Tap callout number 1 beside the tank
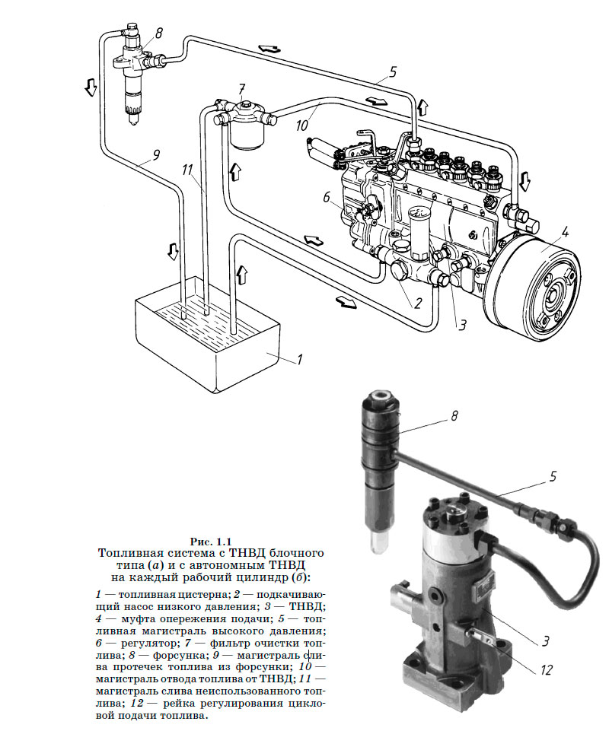click(300, 360)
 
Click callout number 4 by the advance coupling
click(565, 232)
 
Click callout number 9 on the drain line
click(156, 154)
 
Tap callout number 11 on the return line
click(187, 170)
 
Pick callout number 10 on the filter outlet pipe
click(302, 125)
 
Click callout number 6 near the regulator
click(327, 198)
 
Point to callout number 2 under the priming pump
click(417, 304)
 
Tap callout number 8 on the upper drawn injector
click(159, 33)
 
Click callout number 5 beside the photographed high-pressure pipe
click(553, 476)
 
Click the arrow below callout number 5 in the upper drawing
click(376, 100)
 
